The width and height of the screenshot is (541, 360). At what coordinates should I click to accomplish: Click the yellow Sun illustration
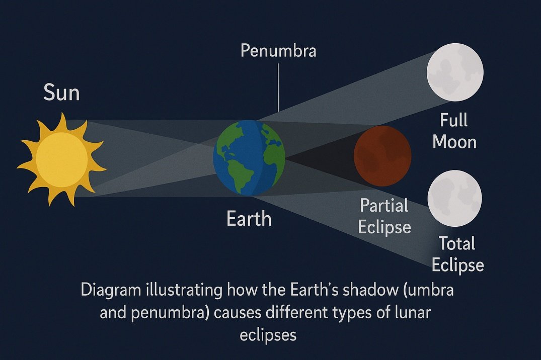[62, 159]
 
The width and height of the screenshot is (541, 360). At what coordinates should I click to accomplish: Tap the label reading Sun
[61, 93]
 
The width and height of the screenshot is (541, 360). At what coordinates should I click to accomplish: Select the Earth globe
[249, 157]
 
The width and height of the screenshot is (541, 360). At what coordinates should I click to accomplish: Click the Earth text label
[249, 219]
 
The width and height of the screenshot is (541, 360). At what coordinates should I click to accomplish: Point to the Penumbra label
[278, 51]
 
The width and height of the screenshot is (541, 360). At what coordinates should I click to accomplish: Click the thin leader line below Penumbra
[278, 87]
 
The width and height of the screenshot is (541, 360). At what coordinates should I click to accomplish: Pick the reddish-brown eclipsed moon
[382, 156]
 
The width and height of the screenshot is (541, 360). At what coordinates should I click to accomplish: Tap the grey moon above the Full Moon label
[455, 72]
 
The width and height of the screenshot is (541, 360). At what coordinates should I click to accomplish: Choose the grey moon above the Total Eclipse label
[454, 198]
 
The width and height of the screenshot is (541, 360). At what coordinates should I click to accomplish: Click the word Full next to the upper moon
[454, 120]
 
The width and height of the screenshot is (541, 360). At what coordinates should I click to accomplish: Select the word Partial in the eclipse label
[384, 206]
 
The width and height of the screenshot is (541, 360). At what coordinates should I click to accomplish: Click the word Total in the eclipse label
[457, 243]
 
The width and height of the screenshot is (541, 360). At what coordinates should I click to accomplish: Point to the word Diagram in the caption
[111, 290]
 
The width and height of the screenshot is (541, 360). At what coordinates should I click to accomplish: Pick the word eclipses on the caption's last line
[268, 335]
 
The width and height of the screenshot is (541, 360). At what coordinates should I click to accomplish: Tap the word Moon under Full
[454, 142]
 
